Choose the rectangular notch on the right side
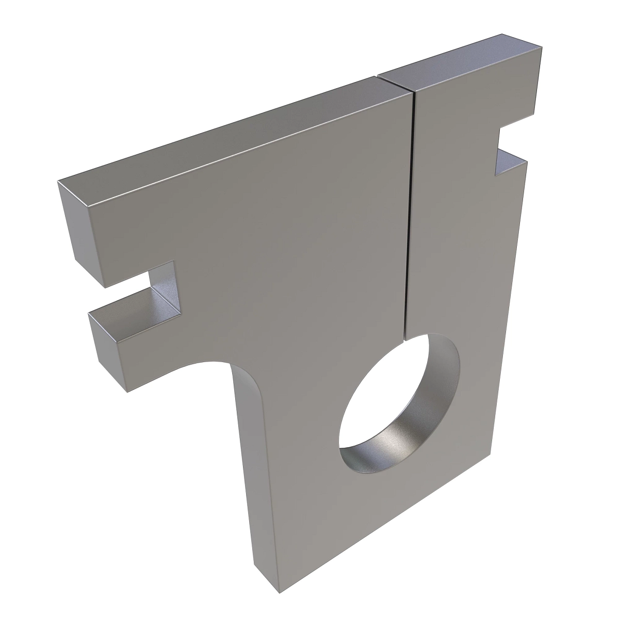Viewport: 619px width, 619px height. [511, 147]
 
